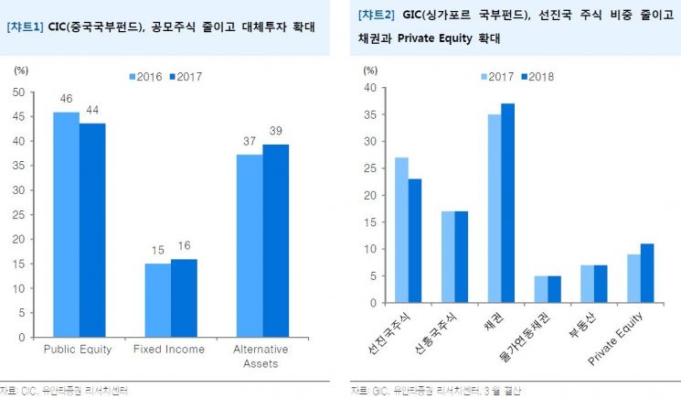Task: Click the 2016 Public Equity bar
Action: (x=66, y=224)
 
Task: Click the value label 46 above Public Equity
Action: (x=66, y=98)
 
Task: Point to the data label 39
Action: (x=275, y=131)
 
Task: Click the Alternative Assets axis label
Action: (x=261, y=356)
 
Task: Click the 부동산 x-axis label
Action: (x=571, y=324)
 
